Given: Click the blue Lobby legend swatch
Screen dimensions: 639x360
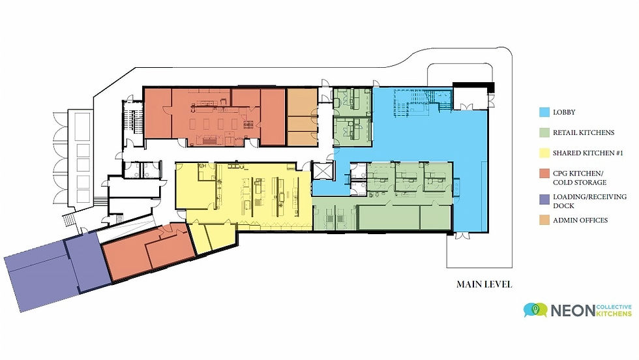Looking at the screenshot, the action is point(544,112).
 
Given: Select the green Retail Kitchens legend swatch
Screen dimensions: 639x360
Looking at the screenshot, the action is point(544,132).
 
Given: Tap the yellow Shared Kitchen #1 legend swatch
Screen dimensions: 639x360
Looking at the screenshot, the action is point(544,153).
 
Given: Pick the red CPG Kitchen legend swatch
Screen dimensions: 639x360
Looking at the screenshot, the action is point(544,173).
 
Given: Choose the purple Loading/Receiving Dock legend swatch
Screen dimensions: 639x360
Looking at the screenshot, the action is point(544,200).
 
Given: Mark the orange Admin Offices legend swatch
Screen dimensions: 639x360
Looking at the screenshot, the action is point(544,220).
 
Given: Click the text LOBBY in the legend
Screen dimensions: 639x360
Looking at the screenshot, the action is point(564,112).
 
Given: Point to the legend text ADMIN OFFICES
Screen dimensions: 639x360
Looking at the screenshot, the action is point(580,220).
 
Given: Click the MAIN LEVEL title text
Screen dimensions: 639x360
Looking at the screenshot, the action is point(484,284).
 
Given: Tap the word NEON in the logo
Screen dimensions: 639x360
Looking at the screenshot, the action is point(572,310).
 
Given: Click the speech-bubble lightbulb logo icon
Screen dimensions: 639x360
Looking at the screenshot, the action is point(535,310).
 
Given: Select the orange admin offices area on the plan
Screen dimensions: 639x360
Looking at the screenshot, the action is point(303,117).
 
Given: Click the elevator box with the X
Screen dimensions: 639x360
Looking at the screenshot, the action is point(322,171).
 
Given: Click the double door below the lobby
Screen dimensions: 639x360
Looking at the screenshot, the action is point(462,235).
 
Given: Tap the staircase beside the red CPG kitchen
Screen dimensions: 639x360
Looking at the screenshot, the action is point(134,118).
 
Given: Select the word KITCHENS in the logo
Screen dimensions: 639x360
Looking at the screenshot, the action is point(614,314).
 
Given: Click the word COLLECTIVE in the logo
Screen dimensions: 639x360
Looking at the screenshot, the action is point(614,307).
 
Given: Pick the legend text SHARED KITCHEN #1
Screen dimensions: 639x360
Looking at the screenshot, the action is point(588,153).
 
